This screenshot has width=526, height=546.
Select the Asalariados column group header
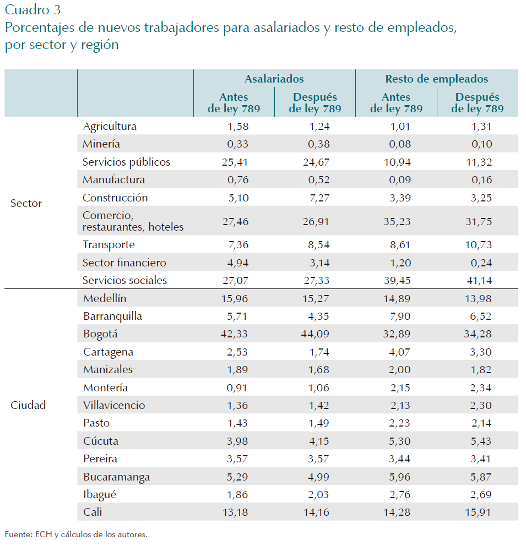click(274, 79)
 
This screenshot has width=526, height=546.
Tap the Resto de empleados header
click(436, 79)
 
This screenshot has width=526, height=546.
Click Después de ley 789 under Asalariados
click(315, 103)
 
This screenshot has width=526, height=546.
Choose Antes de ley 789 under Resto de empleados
click(396, 103)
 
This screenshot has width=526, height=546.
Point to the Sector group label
click(26, 204)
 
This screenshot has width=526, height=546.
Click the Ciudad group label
click(28, 406)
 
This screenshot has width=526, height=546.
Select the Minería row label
click(101, 144)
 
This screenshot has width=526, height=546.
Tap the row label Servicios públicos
click(126, 162)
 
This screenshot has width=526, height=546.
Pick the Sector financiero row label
click(124, 263)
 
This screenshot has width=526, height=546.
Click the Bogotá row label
click(100, 334)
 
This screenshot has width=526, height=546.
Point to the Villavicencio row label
click(114, 406)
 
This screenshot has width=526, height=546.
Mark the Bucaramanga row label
click(116, 477)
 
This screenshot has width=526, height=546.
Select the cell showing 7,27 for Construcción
click(318, 198)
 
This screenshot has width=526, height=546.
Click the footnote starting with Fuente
click(77, 534)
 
